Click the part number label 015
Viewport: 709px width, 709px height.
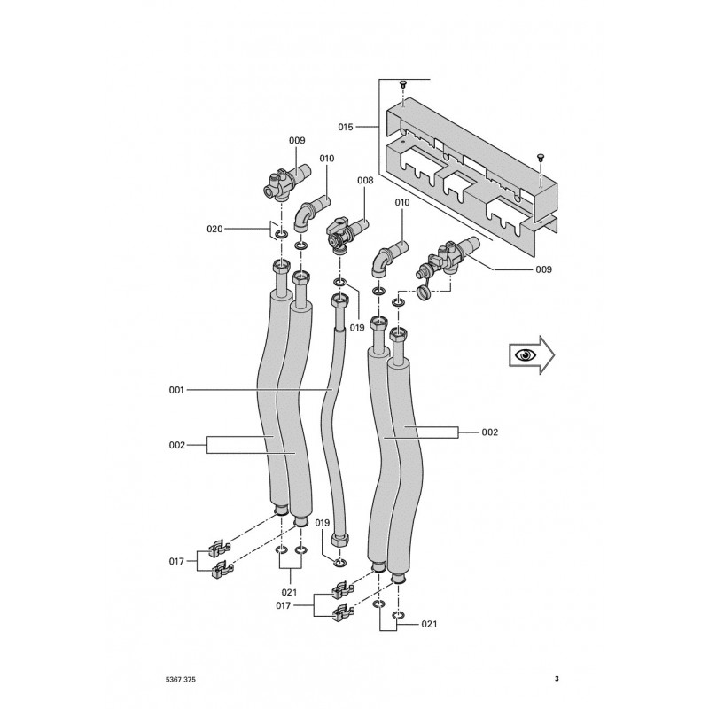click(x=346, y=128)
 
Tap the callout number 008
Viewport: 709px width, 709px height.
click(x=365, y=180)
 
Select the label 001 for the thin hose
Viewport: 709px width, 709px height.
click(x=178, y=390)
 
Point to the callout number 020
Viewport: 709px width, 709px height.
click(x=214, y=230)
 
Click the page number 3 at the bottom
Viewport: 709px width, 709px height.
click(x=556, y=679)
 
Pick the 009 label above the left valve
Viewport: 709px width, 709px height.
click(x=297, y=140)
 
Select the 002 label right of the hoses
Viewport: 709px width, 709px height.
click(x=489, y=432)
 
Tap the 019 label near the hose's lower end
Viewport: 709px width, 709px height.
click(x=322, y=523)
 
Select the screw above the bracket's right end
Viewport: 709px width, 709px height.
click(x=539, y=156)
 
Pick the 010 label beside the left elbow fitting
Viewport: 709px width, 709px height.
click(x=327, y=159)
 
